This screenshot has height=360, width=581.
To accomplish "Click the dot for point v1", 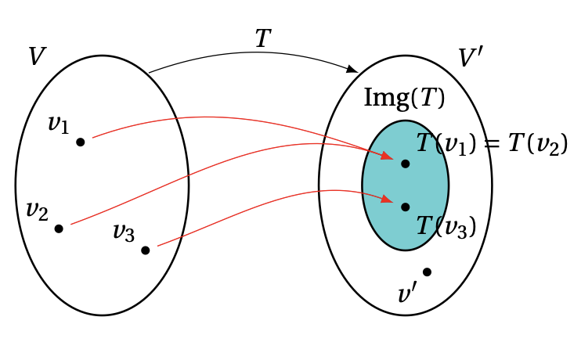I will tap(80, 142).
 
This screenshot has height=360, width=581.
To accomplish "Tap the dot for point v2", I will tap(58, 229).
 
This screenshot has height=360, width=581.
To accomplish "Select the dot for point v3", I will tap(145, 250).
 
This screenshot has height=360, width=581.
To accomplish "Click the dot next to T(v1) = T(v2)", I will tap(405, 164).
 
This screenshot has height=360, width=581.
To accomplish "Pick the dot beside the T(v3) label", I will tap(405, 207).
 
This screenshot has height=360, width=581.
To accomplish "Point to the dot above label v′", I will tap(427, 272).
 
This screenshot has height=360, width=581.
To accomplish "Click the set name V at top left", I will tap(36, 56).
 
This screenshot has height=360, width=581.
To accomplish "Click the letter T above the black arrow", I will tap(263, 39).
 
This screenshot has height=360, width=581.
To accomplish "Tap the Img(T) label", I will tap(404, 98).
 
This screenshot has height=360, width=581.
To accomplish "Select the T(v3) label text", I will tap(446, 226).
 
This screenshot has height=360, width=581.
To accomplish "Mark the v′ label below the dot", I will tap(407, 294).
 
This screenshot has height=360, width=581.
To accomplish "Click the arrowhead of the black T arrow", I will tap(352, 70).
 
